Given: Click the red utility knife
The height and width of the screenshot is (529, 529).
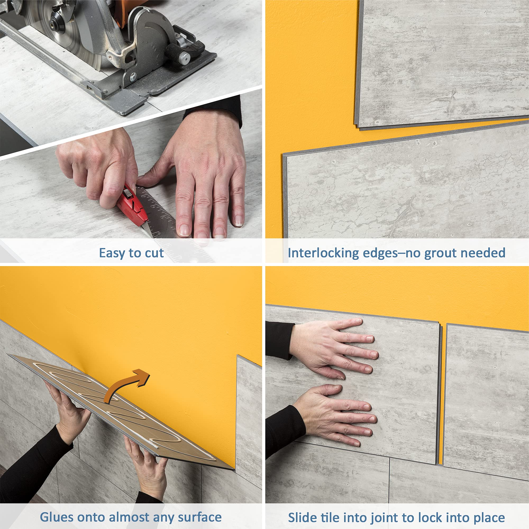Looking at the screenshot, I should click(131, 204).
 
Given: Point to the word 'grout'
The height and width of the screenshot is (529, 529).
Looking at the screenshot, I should click(441, 253).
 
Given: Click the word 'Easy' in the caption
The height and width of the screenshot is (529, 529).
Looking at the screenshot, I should click(111, 253).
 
